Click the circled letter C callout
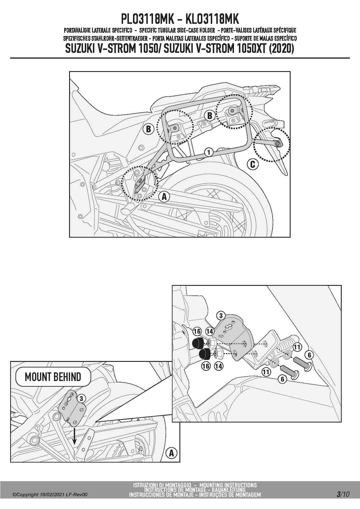click(253, 164)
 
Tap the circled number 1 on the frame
click(208, 152)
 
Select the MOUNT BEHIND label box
click(53, 377)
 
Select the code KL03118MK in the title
click(212, 19)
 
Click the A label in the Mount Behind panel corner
click(171, 453)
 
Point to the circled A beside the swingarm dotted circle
click(164, 196)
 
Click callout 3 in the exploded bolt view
click(221, 316)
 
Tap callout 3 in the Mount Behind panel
click(82, 398)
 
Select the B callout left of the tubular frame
click(148, 129)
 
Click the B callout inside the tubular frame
click(210, 115)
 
